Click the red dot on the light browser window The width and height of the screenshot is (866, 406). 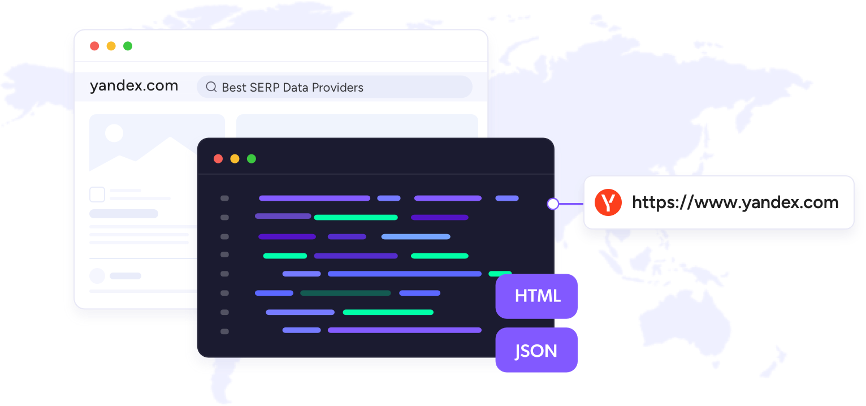(x=94, y=46)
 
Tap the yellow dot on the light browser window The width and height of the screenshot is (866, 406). (x=111, y=46)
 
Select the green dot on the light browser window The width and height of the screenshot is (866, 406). (x=128, y=46)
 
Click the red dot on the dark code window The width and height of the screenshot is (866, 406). (x=218, y=159)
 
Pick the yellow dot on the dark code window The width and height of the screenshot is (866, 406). (x=235, y=159)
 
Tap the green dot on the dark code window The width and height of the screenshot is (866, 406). (x=252, y=159)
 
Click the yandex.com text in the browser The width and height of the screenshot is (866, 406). (x=134, y=86)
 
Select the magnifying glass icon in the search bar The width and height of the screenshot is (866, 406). (x=211, y=87)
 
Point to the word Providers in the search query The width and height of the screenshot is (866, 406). (x=337, y=88)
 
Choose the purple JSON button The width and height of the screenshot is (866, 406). (x=536, y=350)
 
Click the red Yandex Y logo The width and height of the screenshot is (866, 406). (x=608, y=202)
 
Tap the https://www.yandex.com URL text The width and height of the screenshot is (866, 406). (x=735, y=202)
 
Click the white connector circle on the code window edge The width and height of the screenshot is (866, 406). (x=553, y=204)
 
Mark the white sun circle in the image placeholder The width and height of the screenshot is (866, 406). (x=114, y=133)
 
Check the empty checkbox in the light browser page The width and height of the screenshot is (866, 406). (x=97, y=195)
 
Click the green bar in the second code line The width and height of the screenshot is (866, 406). (x=356, y=217)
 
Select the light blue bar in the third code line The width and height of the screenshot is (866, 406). (x=415, y=236)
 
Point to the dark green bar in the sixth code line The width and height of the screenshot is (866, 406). (x=345, y=293)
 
